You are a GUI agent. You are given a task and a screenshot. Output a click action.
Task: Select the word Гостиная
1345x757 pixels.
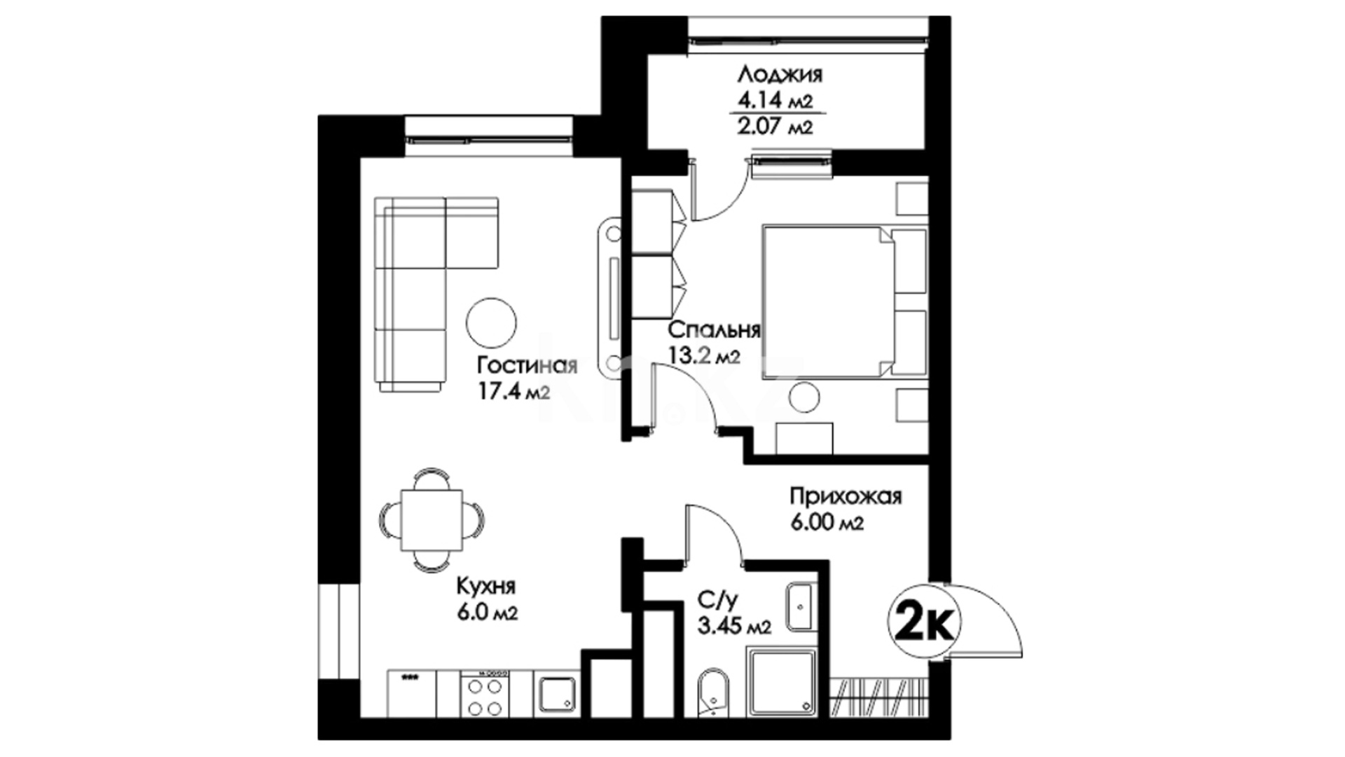coord(526,366)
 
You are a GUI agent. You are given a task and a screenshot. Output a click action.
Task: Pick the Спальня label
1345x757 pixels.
coord(715,329)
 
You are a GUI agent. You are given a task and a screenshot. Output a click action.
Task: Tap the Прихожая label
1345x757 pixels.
coord(846,497)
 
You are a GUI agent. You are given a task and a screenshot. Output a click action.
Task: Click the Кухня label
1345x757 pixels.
coord(486,586)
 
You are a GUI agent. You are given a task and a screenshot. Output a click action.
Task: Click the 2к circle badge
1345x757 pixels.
coord(924,622)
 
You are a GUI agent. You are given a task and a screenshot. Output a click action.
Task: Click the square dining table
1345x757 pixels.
coord(431,521)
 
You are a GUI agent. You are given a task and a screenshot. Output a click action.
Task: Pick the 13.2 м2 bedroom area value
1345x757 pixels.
coord(705,357)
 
